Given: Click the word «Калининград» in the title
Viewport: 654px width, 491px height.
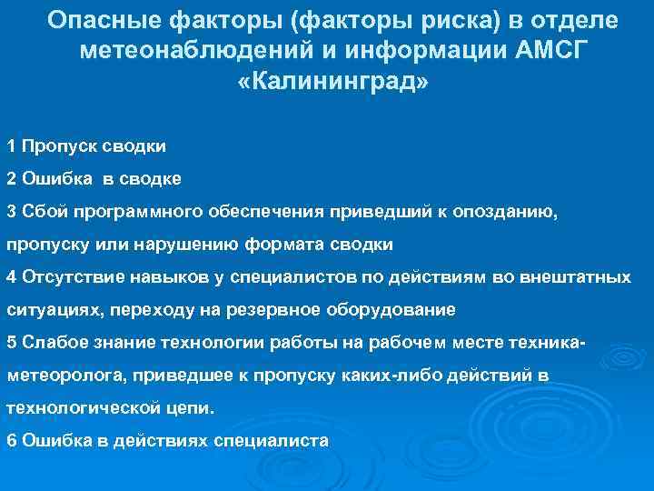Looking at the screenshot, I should (x=333, y=82).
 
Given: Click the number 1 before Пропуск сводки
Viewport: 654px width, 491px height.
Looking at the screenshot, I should (x=10, y=145).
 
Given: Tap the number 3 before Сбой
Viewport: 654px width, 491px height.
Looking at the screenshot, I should (x=10, y=211).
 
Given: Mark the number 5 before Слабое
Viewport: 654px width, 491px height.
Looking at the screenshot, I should (x=10, y=342).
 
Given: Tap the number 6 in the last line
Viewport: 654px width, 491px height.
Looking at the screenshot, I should (x=10, y=440).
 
